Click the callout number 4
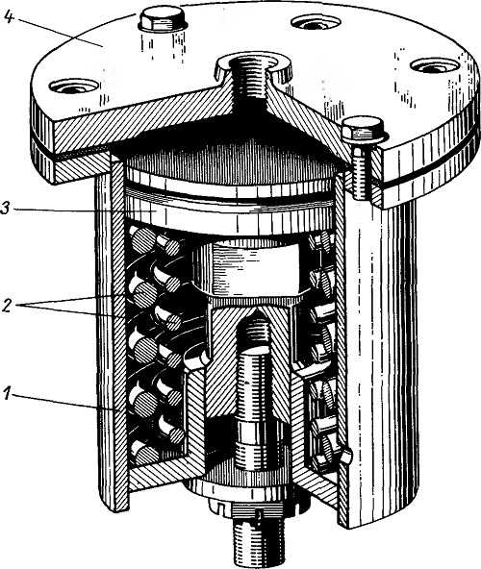[9, 17]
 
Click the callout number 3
[6, 210]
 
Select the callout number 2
[6, 306]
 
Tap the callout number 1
[7, 394]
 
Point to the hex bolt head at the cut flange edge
[364, 130]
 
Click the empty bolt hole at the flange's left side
[74, 87]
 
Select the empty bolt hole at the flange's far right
[435, 66]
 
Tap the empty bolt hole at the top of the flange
[316, 22]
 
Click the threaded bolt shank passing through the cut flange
[362, 171]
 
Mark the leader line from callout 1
[66, 402]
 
